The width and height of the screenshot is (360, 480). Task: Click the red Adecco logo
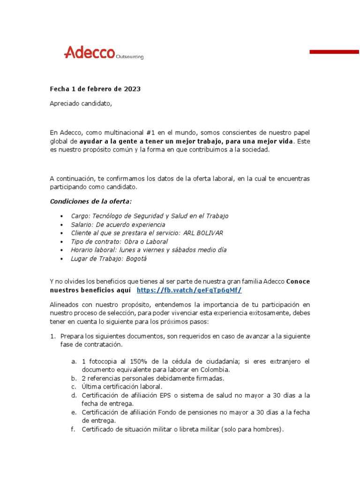(x=89, y=52)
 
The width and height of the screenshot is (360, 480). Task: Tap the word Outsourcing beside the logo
(x=129, y=57)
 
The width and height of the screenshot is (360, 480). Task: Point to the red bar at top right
(x=334, y=52)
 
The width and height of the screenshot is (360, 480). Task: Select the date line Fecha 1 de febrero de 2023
(x=95, y=89)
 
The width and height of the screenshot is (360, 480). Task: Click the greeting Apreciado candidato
(x=81, y=104)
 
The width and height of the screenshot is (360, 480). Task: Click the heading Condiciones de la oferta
(x=91, y=201)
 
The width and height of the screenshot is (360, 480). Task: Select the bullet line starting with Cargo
(x=150, y=216)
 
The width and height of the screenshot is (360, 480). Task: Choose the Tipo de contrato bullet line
(x=119, y=241)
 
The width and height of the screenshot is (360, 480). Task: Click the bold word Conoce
(x=298, y=281)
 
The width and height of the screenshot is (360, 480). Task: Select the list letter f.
(x=73, y=429)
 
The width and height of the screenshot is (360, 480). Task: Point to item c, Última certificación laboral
(x=122, y=387)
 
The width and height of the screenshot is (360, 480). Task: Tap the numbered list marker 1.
(x=52, y=336)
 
